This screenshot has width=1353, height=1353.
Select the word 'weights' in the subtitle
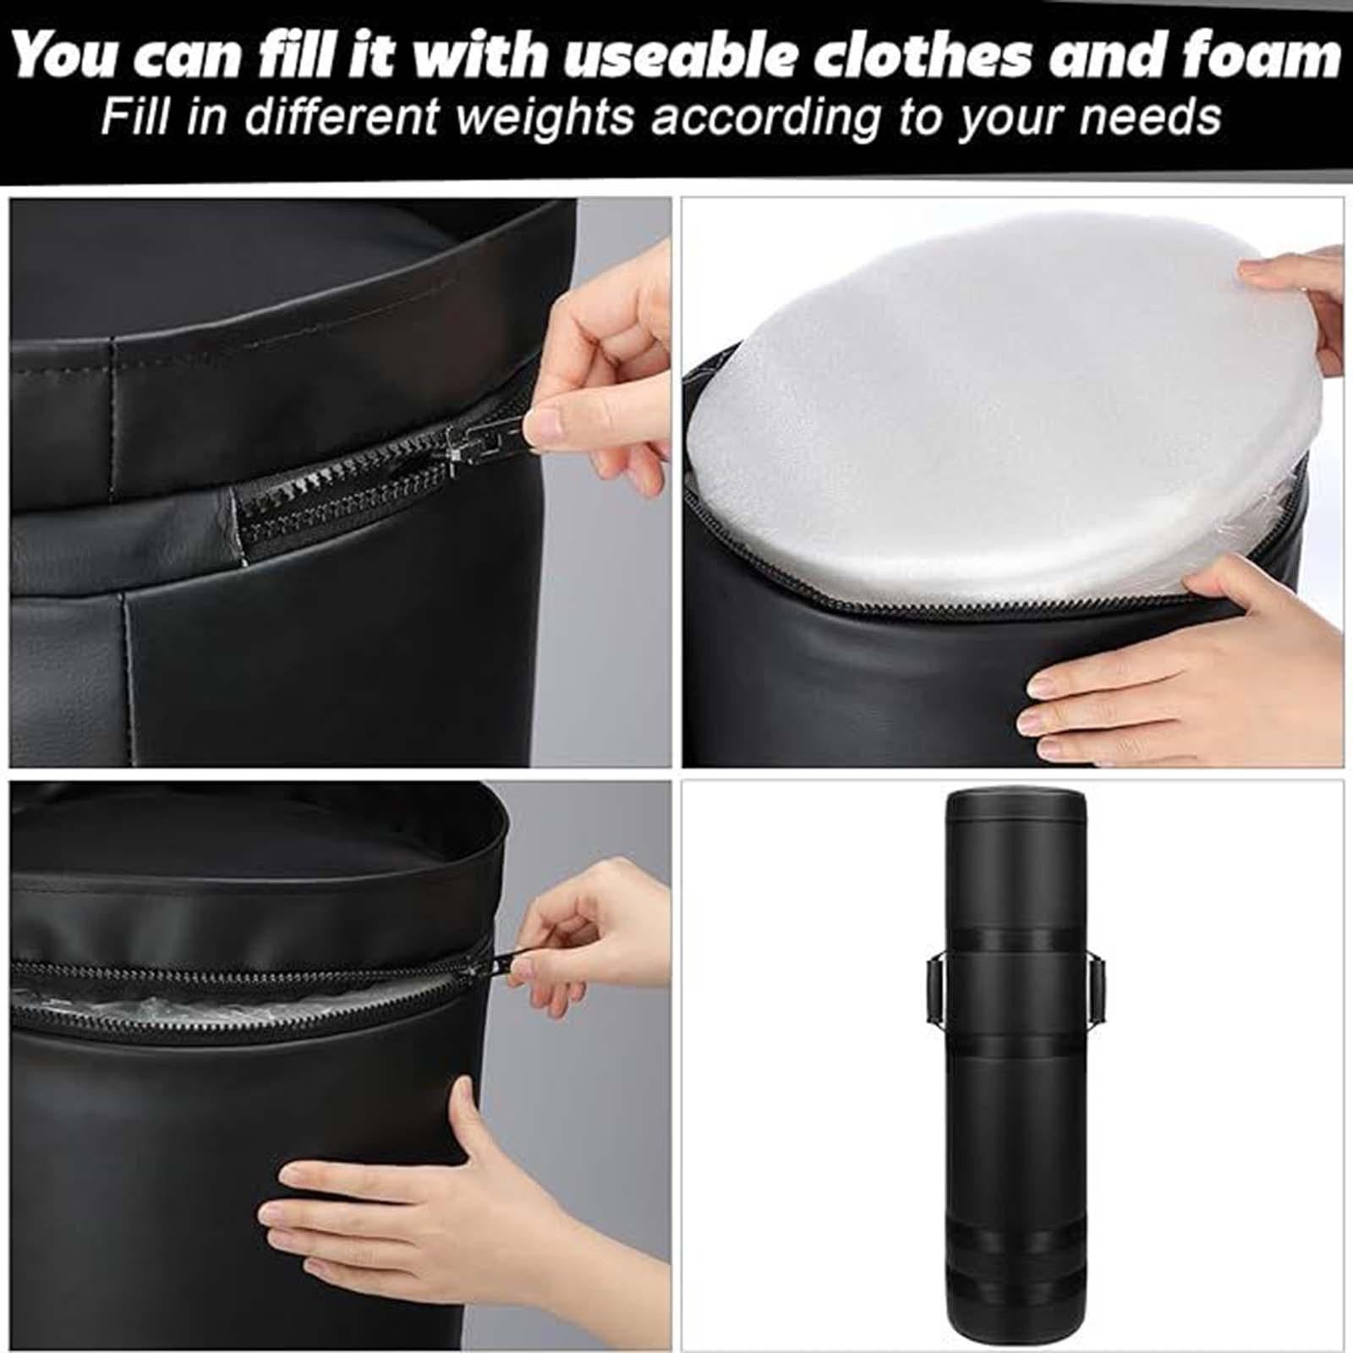click(x=545, y=117)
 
